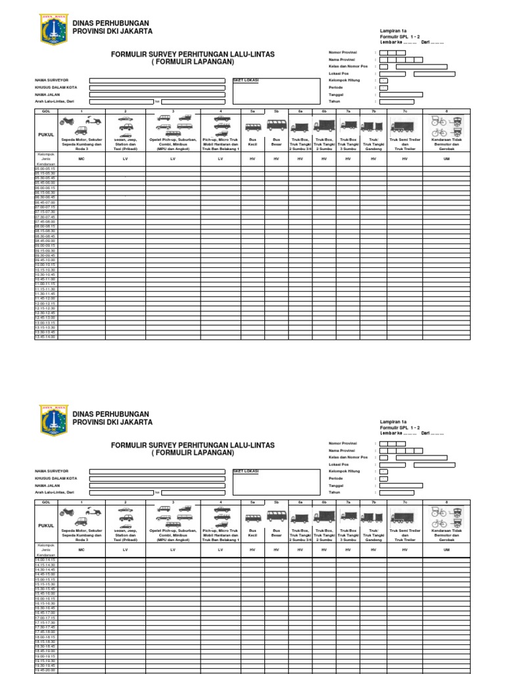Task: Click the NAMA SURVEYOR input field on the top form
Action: tap(159, 81)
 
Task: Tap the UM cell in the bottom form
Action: tap(446, 549)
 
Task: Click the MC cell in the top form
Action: tap(82, 159)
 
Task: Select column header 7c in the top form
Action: tap(405, 112)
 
